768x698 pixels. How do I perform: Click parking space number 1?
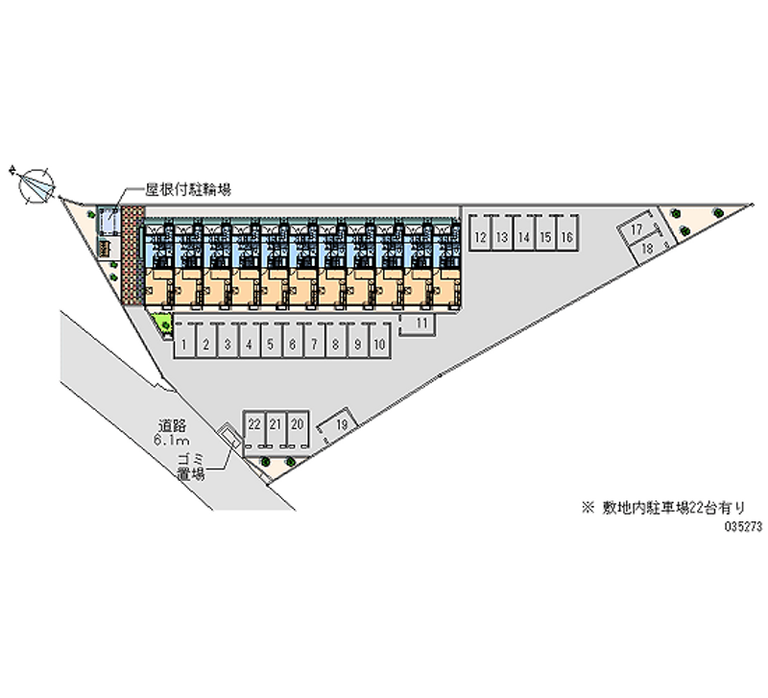point(182,343)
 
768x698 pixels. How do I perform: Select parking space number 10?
point(380,343)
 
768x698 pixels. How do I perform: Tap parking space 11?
point(421,325)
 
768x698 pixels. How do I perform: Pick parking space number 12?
point(479,236)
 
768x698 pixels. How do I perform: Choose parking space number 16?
point(567,236)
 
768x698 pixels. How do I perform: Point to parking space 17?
point(636,230)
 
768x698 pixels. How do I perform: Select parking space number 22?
point(253,423)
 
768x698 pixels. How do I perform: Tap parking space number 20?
point(298,423)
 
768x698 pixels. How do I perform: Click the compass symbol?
point(36,181)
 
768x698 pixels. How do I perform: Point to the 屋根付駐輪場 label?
point(186,190)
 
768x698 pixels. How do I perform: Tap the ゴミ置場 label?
point(191,467)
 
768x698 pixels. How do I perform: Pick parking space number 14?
point(523,236)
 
